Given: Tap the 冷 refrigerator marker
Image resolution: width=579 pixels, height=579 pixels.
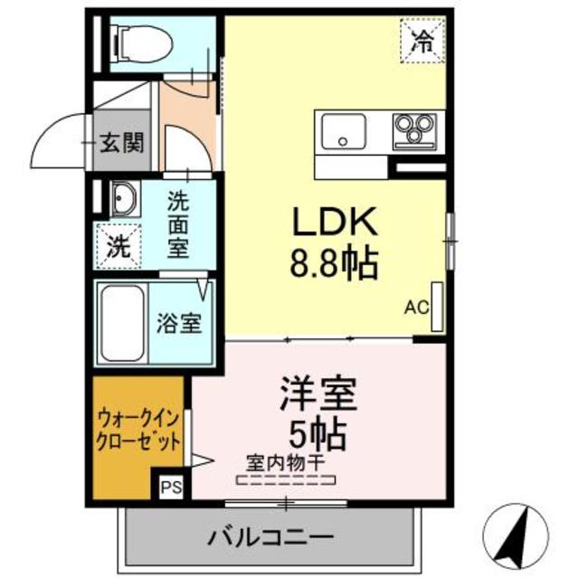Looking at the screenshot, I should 421,39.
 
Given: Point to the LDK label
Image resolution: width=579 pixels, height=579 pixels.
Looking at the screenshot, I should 332,223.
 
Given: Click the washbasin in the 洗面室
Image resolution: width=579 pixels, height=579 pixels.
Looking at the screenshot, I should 122,199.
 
